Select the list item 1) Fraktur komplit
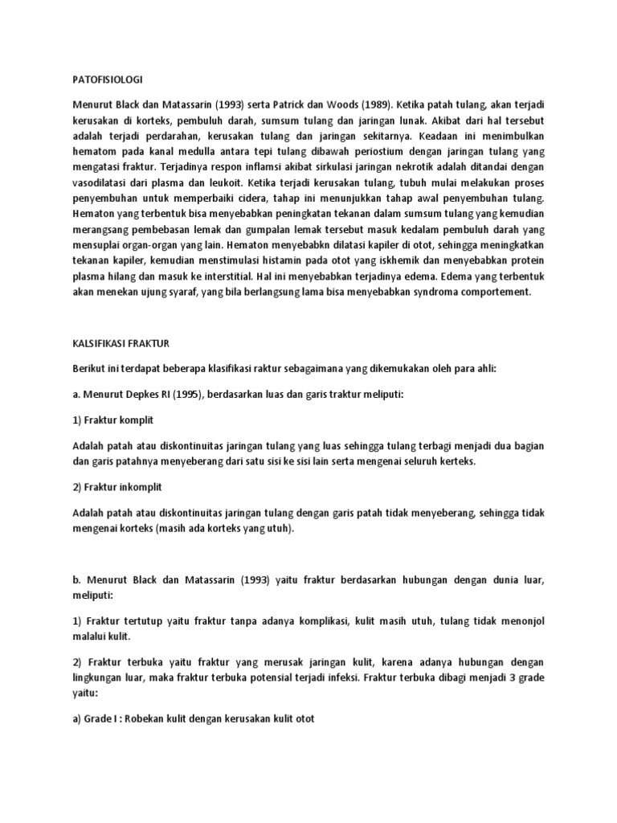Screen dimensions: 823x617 click(112, 420)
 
